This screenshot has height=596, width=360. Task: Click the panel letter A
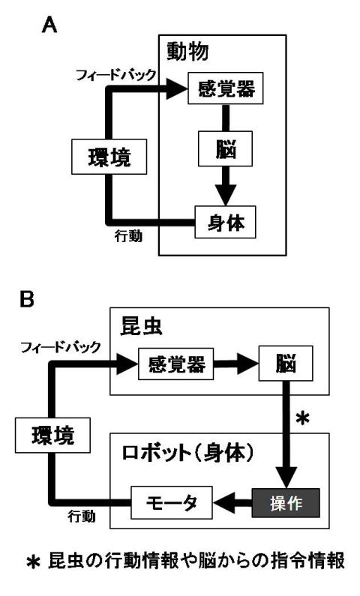click(49, 25)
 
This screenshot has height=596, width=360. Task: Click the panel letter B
click(27, 299)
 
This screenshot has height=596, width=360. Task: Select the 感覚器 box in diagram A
click(226, 88)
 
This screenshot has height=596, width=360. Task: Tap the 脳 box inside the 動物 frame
click(225, 148)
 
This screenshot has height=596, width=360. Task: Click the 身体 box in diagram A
click(226, 222)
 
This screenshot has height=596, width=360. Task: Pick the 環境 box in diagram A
click(109, 157)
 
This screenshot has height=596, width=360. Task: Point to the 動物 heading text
click(187, 52)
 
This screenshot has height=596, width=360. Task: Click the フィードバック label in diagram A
click(116, 75)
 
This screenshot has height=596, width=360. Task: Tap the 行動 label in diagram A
click(128, 236)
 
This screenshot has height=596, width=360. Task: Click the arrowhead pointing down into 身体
click(226, 195)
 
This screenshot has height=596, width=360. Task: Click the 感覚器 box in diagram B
click(176, 364)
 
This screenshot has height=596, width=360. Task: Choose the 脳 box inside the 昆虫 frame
click(286, 364)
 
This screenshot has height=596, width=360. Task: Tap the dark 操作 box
click(286, 503)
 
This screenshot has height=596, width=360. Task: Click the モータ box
click(172, 502)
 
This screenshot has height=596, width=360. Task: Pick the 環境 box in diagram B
click(52, 436)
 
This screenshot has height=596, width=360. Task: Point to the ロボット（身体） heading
click(188, 452)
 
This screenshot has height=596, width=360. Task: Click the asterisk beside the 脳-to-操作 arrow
click(302, 419)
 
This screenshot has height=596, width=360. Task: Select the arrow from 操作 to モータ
click(232, 503)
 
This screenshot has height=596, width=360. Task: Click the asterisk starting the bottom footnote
click(34, 562)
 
